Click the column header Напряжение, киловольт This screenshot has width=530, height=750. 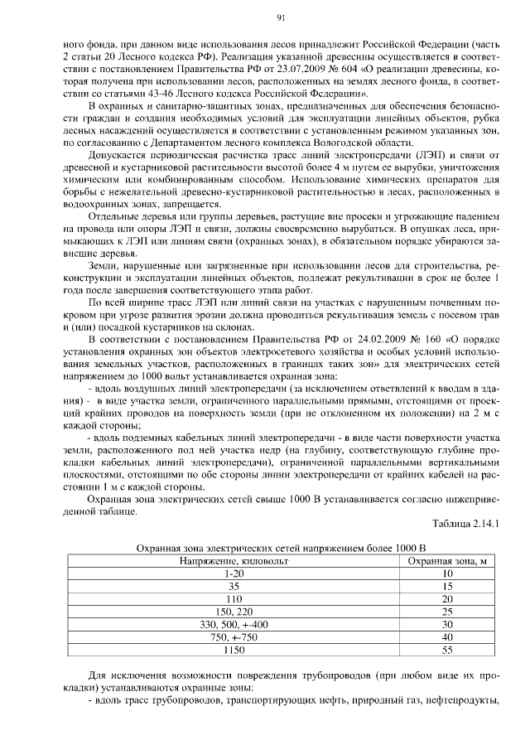click(x=233, y=561)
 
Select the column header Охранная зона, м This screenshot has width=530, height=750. click(x=447, y=561)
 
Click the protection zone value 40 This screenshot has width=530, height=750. click(x=447, y=636)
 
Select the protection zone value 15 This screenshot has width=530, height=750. click(x=447, y=586)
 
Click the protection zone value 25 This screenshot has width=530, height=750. click(x=447, y=611)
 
